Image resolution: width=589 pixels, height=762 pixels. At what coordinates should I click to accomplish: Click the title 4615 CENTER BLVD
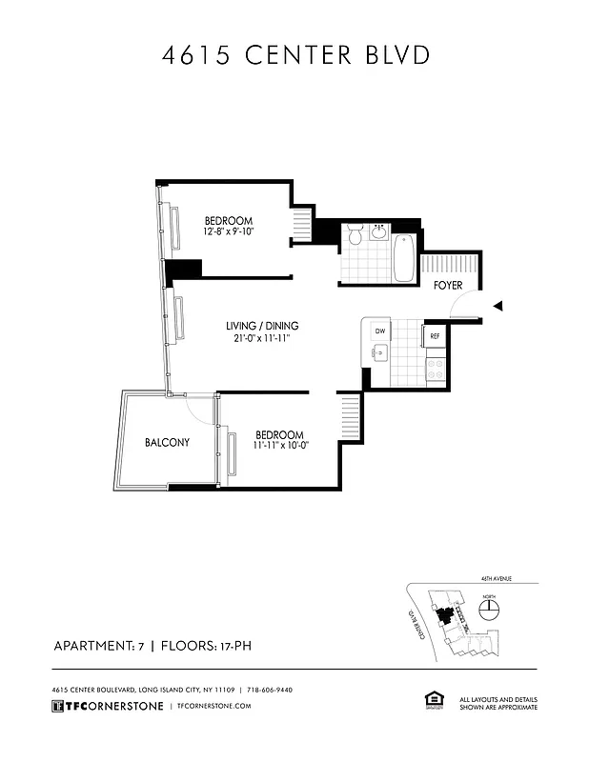(294, 55)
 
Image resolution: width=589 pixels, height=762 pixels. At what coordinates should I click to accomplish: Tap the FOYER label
(447, 286)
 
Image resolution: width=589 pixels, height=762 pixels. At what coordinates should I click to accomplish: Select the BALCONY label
(168, 442)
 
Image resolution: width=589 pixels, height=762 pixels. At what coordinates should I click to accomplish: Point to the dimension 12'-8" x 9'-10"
(228, 231)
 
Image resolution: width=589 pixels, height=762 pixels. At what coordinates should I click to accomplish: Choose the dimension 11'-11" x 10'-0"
(280, 445)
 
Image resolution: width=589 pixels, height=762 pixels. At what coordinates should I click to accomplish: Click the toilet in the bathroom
(354, 234)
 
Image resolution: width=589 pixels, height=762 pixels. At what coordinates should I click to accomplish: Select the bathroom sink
(379, 232)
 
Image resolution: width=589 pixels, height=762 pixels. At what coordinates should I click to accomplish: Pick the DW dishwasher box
(379, 331)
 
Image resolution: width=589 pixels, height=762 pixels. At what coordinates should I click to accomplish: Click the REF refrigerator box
(435, 336)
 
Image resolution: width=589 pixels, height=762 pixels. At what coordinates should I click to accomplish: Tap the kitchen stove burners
(435, 368)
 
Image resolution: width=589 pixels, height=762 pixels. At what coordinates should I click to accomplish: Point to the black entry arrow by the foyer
(497, 306)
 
